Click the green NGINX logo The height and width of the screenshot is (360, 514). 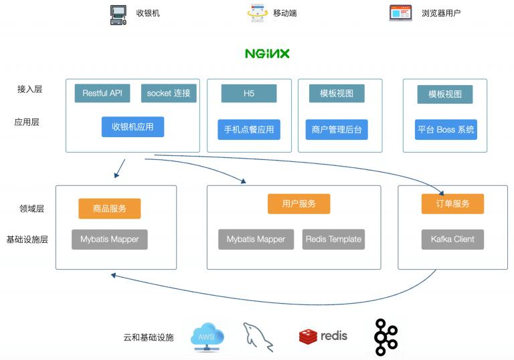(x=267, y=54)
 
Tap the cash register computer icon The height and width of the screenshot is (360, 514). (x=118, y=14)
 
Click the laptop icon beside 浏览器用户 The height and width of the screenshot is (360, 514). (x=400, y=13)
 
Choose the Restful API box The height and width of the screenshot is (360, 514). (x=102, y=93)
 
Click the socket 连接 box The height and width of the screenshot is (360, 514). (x=169, y=93)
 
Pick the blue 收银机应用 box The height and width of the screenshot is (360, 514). (x=133, y=127)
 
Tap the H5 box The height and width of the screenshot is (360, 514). (x=249, y=94)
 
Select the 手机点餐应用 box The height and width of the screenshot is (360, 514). (x=249, y=129)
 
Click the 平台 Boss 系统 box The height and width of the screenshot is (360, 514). (x=446, y=129)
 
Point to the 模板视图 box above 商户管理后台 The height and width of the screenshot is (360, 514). (x=337, y=94)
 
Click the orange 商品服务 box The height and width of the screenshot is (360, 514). (x=110, y=209)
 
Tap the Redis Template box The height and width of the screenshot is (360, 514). (x=333, y=239)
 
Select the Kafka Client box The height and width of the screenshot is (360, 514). (x=452, y=239)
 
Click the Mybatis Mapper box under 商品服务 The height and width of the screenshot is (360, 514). (x=110, y=239)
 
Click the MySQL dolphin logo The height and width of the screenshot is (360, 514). (x=259, y=336)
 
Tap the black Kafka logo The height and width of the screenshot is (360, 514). (x=385, y=337)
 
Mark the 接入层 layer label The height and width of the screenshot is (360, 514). (x=30, y=89)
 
